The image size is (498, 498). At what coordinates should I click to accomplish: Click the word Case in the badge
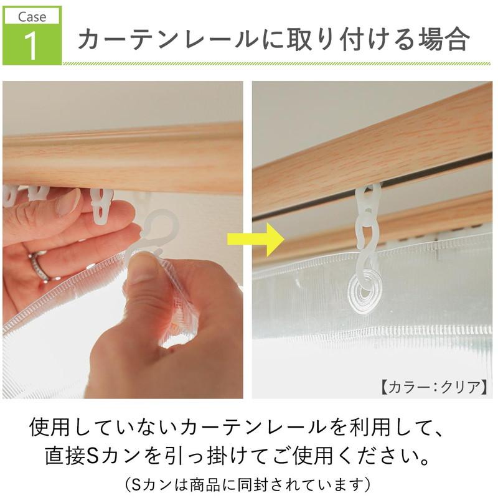pyautogui.click(x=32, y=17)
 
